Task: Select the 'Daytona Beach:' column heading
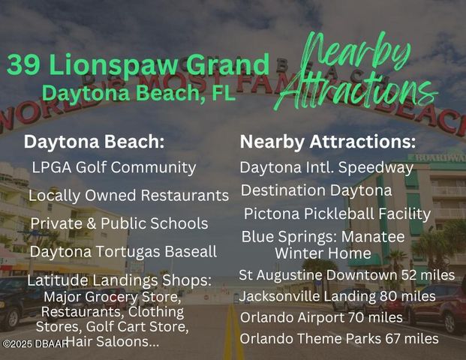(x=94, y=142)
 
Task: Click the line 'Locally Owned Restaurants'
(x=128, y=196)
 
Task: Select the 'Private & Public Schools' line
(x=119, y=223)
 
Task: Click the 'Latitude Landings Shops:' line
(x=119, y=280)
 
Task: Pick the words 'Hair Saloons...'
(x=112, y=342)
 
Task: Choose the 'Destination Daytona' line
(x=316, y=190)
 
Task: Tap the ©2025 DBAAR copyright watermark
(x=33, y=343)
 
